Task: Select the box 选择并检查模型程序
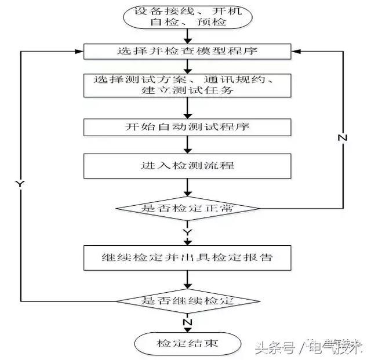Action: click(x=187, y=52)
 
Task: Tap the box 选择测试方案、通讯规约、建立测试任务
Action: click(x=187, y=85)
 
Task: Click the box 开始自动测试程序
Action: click(x=187, y=126)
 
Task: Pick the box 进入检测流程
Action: click(x=187, y=165)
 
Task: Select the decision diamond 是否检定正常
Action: click(x=187, y=208)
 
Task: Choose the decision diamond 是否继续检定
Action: click(x=187, y=301)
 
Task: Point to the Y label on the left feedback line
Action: click(x=20, y=183)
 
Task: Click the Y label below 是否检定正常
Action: click(x=187, y=231)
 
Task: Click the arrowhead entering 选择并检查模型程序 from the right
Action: click(x=294, y=51)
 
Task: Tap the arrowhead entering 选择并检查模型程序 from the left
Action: click(x=79, y=51)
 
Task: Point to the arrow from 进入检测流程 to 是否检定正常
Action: click(x=187, y=187)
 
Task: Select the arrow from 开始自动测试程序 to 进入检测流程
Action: click(x=187, y=144)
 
